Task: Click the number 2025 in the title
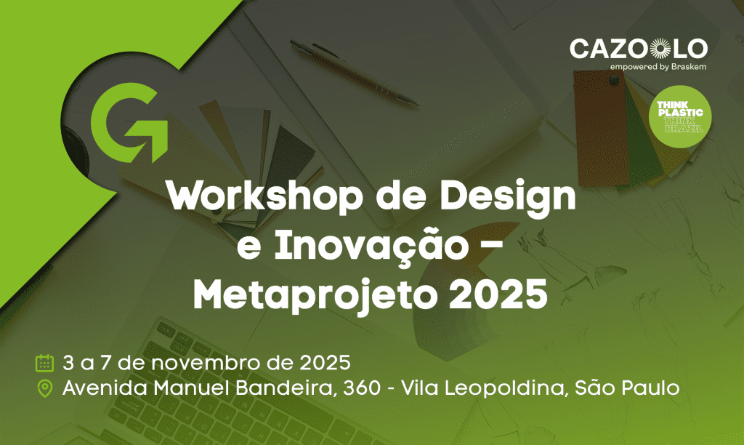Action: [498, 293]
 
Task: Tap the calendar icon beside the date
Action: [44, 363]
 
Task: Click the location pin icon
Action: [44, 388]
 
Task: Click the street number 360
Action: [362, 388]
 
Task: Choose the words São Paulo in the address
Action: [627, 388]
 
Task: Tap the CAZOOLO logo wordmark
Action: [639, 49]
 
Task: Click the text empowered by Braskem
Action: [658, 67]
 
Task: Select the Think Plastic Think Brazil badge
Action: [680, 117]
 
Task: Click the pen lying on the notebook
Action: [354, 72]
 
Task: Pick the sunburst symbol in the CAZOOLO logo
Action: [660, 49]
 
